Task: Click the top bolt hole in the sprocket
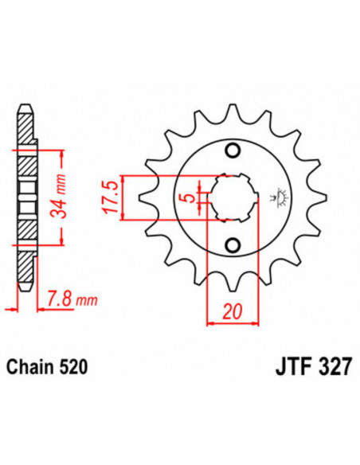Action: coord(233,152)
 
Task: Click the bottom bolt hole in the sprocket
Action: coord(233,244)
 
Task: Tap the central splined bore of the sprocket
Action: coord(231,197)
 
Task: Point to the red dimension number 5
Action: coord(185,197)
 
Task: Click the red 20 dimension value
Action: coord(232,313)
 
